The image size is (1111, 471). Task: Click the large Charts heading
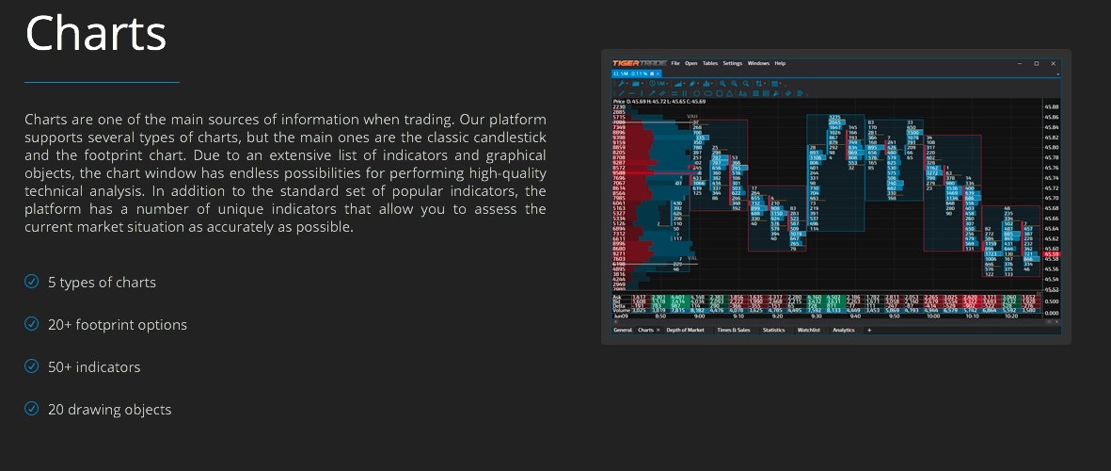pyautogui.click(x=96, y=33)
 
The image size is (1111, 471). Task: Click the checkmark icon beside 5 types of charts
pyautogui.click(x=32, y=282)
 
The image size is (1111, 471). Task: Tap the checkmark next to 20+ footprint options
pyautogui.click(x=32, y=324)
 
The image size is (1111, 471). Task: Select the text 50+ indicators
pyautogui.click(x=94, y=366)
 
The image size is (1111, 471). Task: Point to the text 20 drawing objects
pyautogui.click(x=109, y=409)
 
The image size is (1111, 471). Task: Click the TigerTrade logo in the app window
pyautogui.click(x=639, y=63)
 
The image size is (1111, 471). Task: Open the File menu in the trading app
pyautogui.click(x=675, y=63)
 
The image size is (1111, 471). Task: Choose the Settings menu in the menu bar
pyautogui.click(x=732, y=63)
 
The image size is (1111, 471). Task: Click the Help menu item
pyautogui.click(x=780, y=63)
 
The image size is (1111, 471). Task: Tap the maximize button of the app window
pyautogui.click(x=1037, y=63)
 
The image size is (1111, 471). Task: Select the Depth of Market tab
pyautogui.click(x=685, y=331)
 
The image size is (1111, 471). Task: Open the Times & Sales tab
pyautogui.click(x=733, y=331)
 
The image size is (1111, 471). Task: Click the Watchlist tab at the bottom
pyautogui.click(x=808, y=331)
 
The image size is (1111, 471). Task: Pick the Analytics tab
pyautogui.click(x=843, y=331)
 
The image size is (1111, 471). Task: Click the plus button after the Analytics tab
pyautogui.click(x=868, y=331)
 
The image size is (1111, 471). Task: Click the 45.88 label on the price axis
pyautogui.click(x=1052, y=107)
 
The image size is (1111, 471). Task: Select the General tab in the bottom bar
pyautogui.click(x=623, y=331)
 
